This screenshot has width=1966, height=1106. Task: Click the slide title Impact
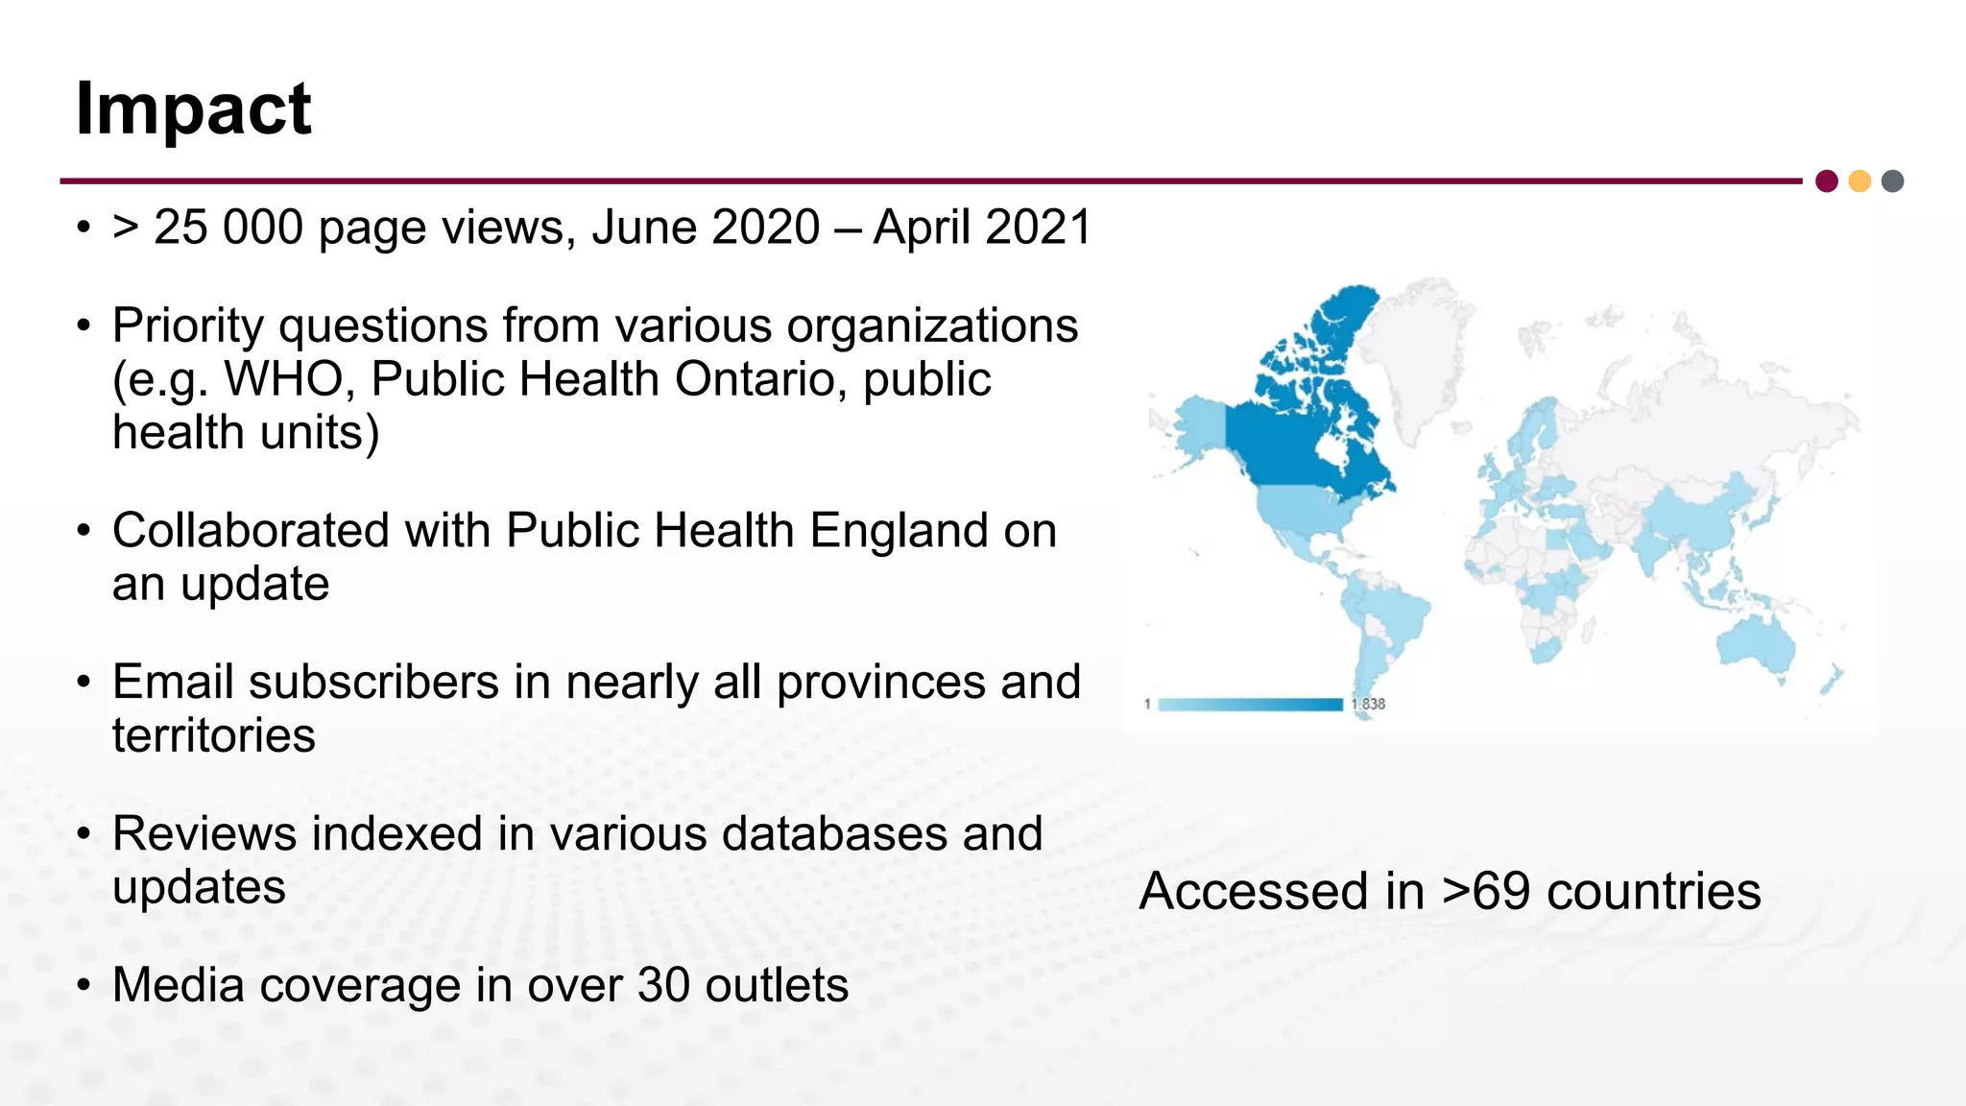tap(193, 109)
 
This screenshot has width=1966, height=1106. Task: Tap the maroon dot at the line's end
tap(1827, 181)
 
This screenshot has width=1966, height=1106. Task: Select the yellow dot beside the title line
tap(1859, 181)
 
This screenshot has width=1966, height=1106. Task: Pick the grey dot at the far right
tap(1892, 181)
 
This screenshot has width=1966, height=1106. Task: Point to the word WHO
tap(283, 379)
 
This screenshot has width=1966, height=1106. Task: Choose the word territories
tap(213, 736)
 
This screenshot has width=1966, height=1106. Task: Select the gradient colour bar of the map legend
tap(1250, 705)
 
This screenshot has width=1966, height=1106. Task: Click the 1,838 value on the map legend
tap(1368, 705)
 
